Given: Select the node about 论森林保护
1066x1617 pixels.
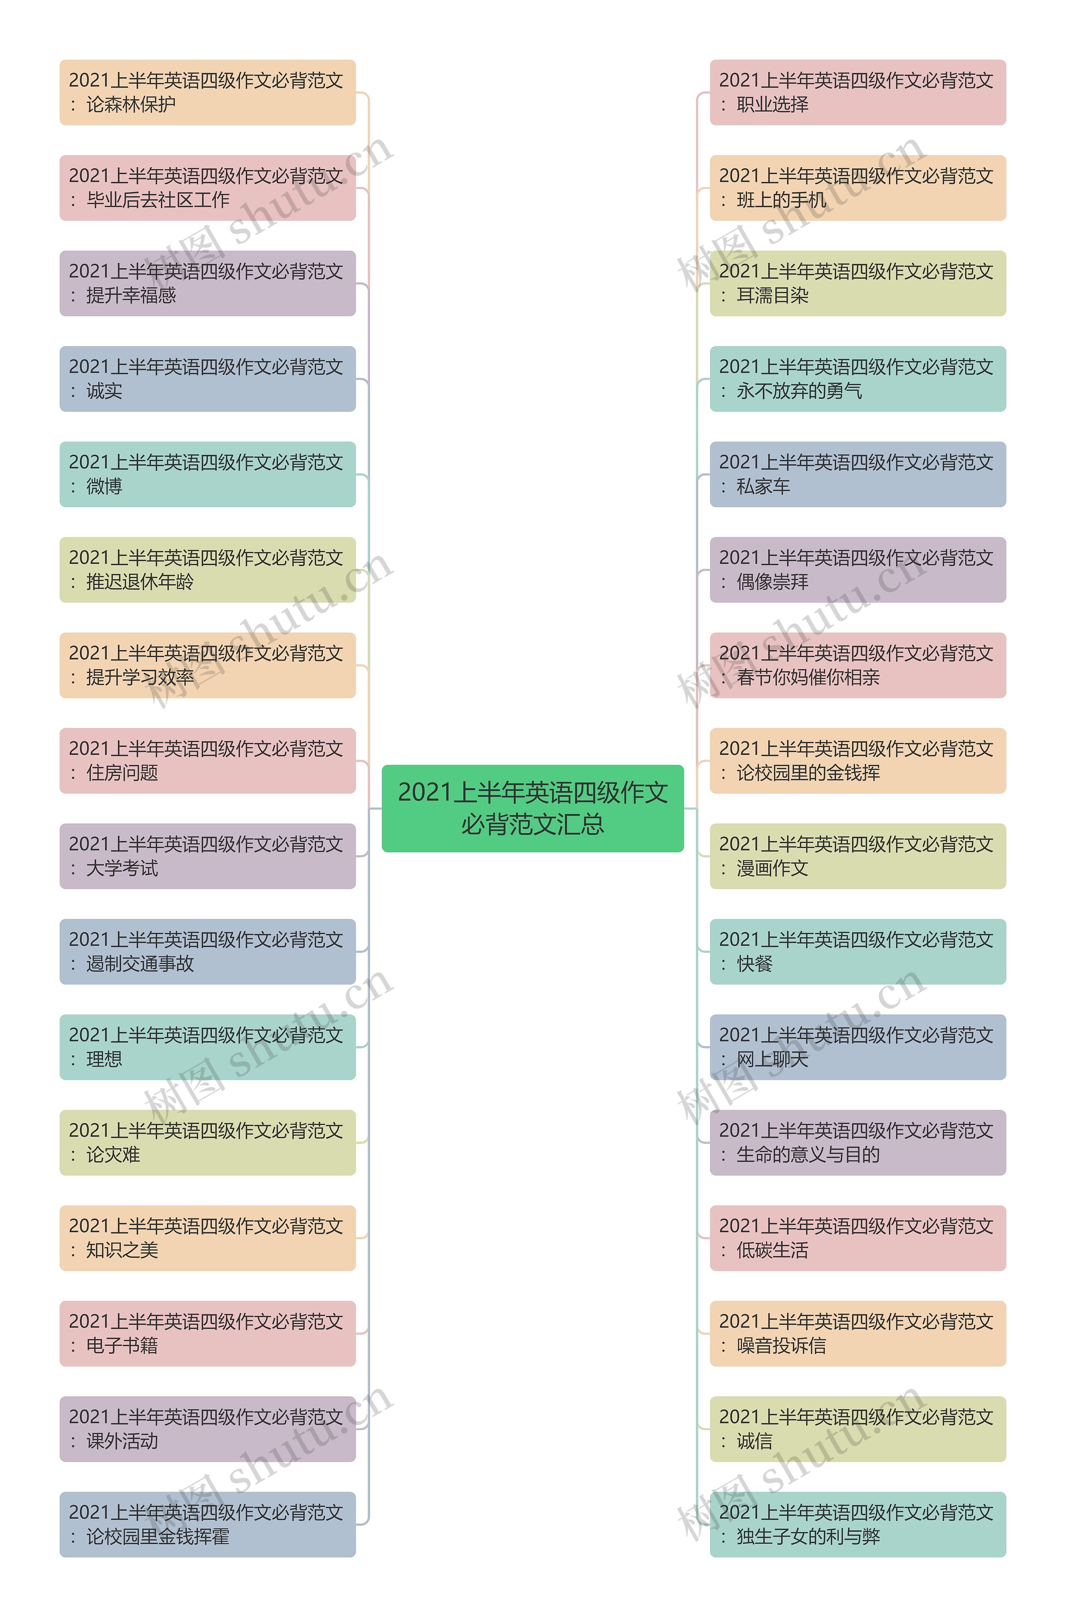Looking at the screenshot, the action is click(207, 92).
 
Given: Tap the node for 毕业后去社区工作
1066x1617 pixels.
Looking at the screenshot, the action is click(207, 187).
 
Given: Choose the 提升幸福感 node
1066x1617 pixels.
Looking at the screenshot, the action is click(207, 284).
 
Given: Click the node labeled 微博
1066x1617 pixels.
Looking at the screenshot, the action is click(207, 474).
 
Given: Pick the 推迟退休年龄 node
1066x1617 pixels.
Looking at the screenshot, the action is click(207, 570).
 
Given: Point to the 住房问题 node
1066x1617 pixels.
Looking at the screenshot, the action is click(207, 760).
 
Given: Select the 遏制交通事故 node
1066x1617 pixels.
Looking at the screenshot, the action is click(207, 952).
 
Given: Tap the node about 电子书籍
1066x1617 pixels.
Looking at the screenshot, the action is click(207, 1333).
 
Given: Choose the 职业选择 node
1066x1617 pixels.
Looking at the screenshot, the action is click(857, 92).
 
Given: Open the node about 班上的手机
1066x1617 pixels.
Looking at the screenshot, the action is click(857, 187).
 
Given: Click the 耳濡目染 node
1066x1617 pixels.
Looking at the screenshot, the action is click(857, 284).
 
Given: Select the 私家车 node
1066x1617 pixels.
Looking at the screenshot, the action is click(857, 474).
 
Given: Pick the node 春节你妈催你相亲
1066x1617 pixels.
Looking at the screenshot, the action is click(857, 665).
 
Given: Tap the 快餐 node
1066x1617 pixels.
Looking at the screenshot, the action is click(857, 952).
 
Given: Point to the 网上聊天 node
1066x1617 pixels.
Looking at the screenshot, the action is click(857, 1047).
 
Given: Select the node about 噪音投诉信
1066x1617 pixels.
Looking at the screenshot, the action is click(857, 1333).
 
